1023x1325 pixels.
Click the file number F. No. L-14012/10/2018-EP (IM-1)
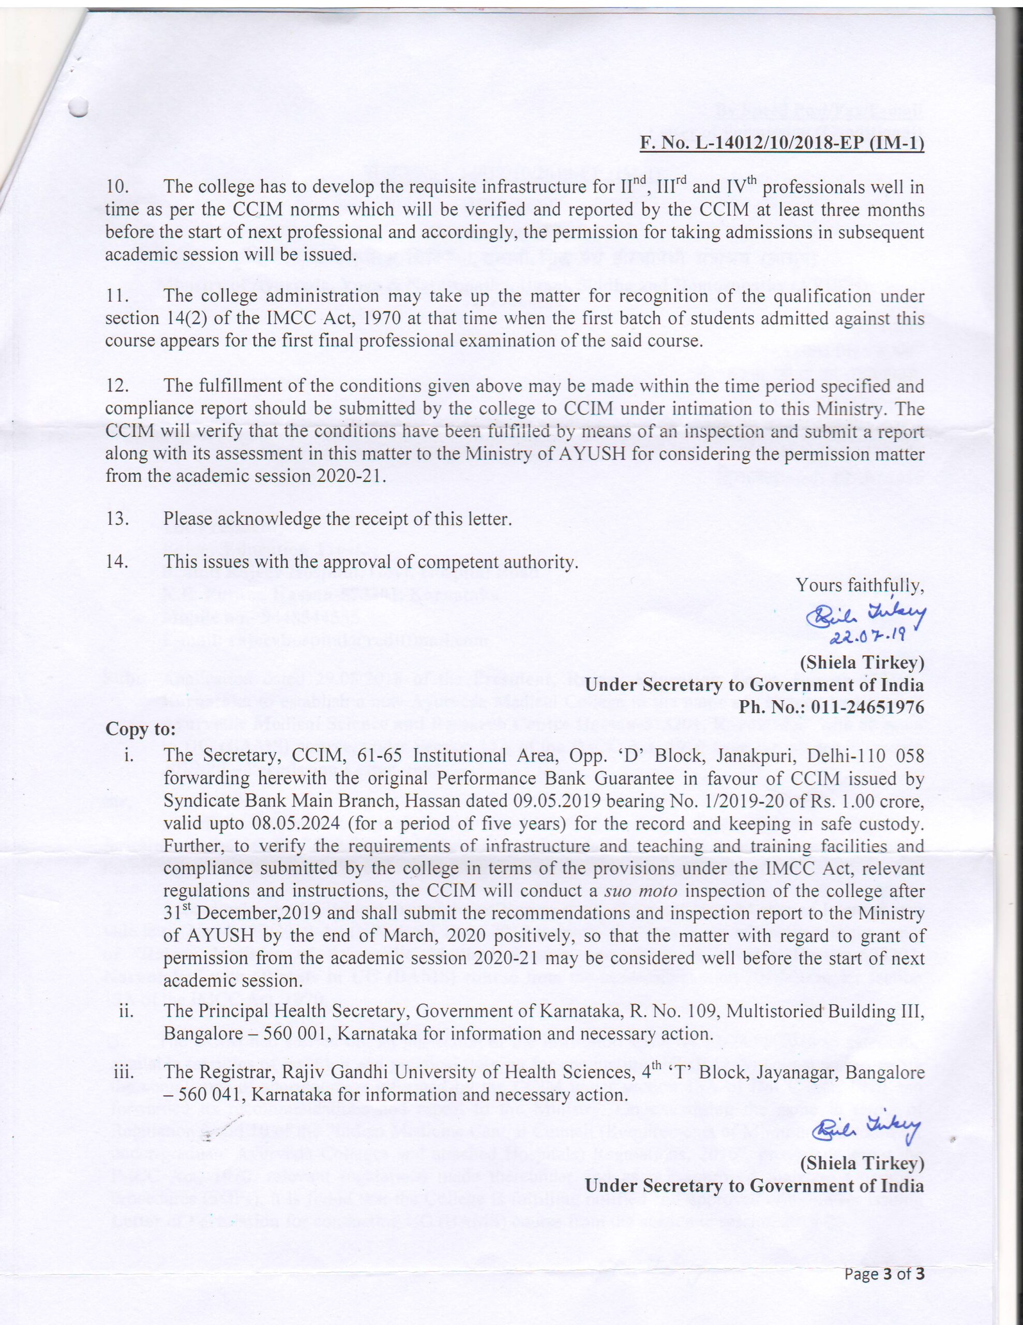click(783, 144)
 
